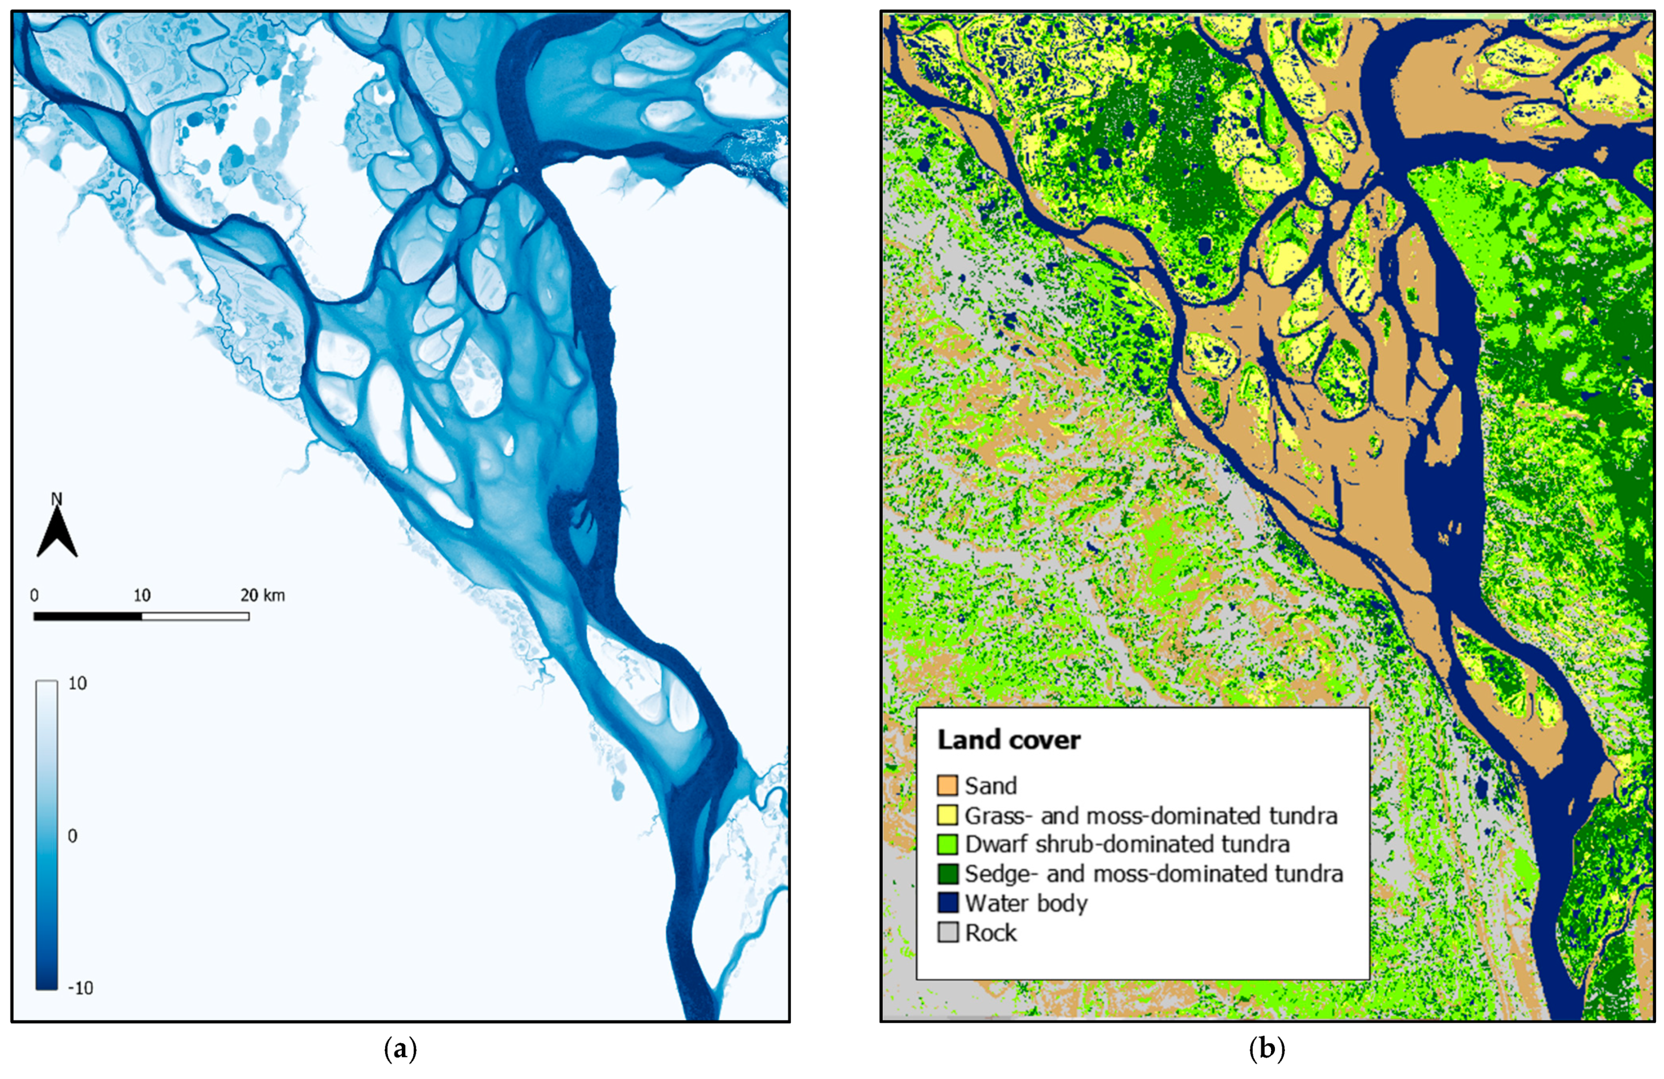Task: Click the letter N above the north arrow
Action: click(x=56, y=499)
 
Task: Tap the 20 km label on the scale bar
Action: click(x=263, y=595)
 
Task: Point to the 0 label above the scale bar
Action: click(x=34, y=595)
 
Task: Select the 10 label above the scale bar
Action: click(x=141, y=595)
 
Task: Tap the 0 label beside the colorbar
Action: click(x=72, y=836)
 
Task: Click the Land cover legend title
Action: click(x=1008, y=740)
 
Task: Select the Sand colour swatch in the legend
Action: click(x=948, y=786)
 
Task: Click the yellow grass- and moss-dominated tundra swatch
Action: click(x=948, y=815)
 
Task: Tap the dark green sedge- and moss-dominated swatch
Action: click(x=948, y=873)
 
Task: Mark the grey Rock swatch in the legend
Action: click(x=948, y=932)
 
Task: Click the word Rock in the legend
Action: click(x=991, y=932)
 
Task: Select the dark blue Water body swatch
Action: click(x=948, y=903)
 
